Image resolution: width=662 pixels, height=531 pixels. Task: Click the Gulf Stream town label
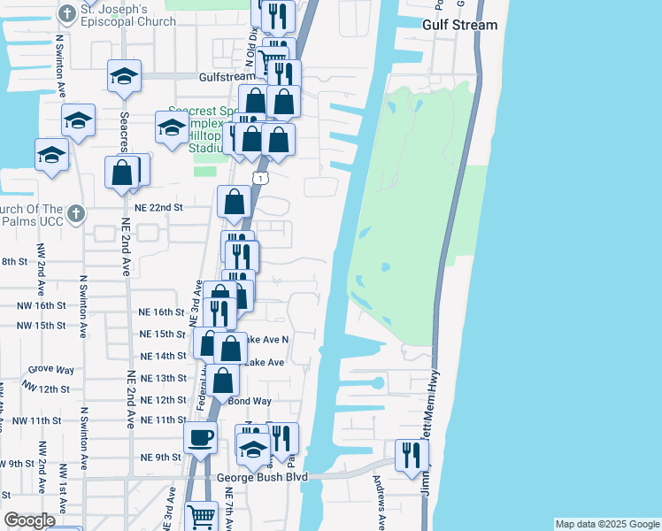click(x=460, y=25)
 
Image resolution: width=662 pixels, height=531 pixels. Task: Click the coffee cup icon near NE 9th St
click(x=200, y=436)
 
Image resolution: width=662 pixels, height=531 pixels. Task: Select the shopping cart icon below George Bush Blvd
click(x=202, y=515)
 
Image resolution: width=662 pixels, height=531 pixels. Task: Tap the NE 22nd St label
click(x=160, y=207)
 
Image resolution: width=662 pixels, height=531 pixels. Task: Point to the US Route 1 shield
click(x=258, y=179)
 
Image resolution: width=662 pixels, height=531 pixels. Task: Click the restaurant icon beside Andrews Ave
click(x=411, y=455)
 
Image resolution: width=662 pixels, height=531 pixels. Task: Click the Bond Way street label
click(x=250, y=401)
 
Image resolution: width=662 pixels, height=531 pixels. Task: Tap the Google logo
click(x=29, y=520)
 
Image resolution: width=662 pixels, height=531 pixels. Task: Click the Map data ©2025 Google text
click(x=606, y=524)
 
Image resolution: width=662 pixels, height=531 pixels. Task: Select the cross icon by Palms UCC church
click(x=76, y=213)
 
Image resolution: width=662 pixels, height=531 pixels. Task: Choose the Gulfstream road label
click(x=202, y=78)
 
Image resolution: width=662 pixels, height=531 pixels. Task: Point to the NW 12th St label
click(x=47, y=389)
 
